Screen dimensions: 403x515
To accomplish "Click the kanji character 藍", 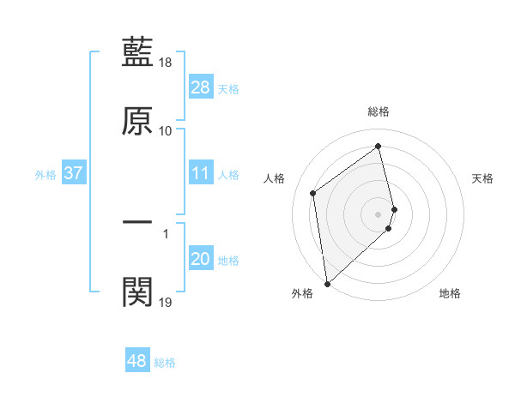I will [137, 52].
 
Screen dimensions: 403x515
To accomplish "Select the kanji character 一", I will [137, 221].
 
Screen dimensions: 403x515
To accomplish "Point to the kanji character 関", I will [137, 292].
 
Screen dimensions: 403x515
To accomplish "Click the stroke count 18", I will [166, 63].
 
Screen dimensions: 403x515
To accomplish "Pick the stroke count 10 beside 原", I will [166, 131].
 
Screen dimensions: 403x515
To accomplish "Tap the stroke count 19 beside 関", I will [166, 302].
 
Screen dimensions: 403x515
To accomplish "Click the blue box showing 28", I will [201, 87].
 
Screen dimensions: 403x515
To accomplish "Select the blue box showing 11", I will [201, 174].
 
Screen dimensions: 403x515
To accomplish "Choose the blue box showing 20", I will [201, 259].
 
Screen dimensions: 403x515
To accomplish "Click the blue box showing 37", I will [73, 174].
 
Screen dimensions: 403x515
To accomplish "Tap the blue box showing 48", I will [137, 361].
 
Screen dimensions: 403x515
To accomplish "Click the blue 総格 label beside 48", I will [165, 363].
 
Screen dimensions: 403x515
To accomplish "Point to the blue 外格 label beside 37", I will [45, 175].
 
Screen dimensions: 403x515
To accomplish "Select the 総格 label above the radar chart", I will [379, 111].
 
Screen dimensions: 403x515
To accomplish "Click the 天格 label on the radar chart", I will [483, 178].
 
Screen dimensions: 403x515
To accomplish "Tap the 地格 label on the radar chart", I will [450, 294].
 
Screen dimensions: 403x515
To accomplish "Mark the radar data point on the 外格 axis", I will [326, 283].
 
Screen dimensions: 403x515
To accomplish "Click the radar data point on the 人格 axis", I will [313, 193].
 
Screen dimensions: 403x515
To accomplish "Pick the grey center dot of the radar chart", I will [379, 213].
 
